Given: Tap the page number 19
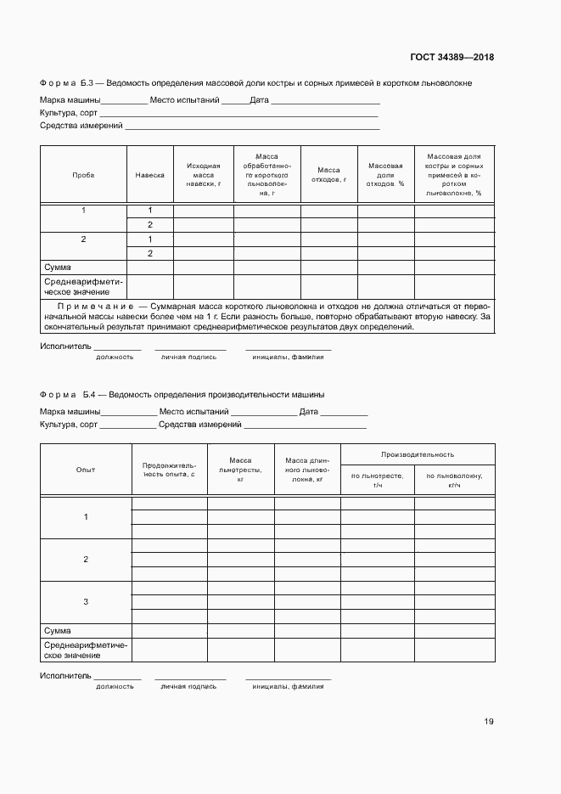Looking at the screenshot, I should (x=489, y=722).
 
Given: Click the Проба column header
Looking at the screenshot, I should (x=83, y=174).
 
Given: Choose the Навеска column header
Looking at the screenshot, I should (x=149, y=174).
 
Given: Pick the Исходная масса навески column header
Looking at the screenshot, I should (x=203, y=174).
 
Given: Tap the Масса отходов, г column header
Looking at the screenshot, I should (x=328, y=174).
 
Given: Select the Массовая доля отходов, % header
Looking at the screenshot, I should (x=385, y=174).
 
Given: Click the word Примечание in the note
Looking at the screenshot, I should (x=93, y=306).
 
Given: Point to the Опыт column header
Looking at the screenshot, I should (x=86, y=470).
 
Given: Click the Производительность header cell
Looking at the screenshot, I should (x=417, y=454).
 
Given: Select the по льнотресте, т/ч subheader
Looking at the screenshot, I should (x=377, y=480).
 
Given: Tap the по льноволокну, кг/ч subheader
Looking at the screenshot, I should (x=454, y=480).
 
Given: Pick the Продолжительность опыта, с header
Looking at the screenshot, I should (x=169, y=470).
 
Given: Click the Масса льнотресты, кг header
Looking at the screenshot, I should (x=240, y=470).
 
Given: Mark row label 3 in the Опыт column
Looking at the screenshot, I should (x=86, y=602).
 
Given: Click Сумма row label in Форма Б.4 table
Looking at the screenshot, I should (x=57, y=631).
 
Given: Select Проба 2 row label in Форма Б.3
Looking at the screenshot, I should (x=83, y=239).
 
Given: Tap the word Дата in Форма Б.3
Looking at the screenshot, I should (x=260, y=99).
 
